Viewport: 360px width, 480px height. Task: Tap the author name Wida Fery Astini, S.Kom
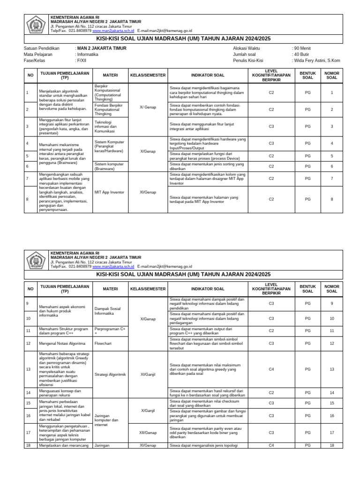[x=316, y=60]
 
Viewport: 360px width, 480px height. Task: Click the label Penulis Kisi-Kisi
[x=248, y=60]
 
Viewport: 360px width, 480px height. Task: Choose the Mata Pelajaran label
[x=38, y=54]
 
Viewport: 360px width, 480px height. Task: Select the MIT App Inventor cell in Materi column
[x=109, y=192]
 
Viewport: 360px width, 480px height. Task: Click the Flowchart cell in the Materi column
[x=103, y=343]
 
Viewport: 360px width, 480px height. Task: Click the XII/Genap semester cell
[x=148, y=433]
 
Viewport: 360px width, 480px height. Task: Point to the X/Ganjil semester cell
[x=148, y=411]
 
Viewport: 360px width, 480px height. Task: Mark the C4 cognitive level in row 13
[x=271, y=369]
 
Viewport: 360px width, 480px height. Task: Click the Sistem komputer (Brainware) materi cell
[x=109, y=166]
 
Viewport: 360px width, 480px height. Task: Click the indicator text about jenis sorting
[x=207, y=166]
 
